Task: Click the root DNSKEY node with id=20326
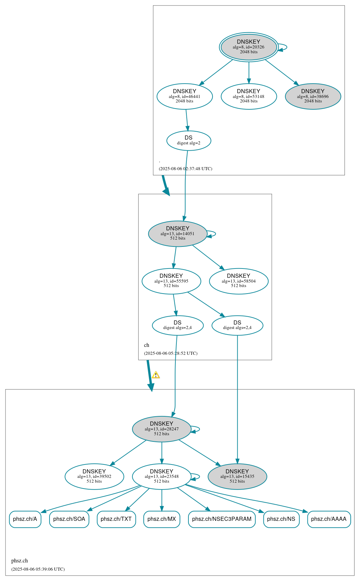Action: pyautogui.click(x=249, y=47)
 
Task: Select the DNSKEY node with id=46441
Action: pyautogui.click(x=185, y=96)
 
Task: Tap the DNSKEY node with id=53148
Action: pyautogui.click(x=249, y=96)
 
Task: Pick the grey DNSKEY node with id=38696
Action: pyautogui.click(x=313, y=96)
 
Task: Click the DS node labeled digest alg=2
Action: pyautogui.click(x=188, y=140)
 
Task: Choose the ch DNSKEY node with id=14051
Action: pyautogui.click(x=178, y=233)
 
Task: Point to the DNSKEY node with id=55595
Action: pyautogui.click(x=171, y=281)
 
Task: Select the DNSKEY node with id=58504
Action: pyautogui.click(x=239, y=281)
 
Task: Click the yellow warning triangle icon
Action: pyautogui.click(x=156, y=375)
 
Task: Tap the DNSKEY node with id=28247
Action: pyautogui.click(x=162, y=429)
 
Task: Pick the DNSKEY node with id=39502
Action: pyautogui.click(x=94, y=476)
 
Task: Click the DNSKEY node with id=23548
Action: pyautogui.click(x=162, y=476)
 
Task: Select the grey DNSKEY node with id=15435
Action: pyautogui.click(x=237, y=476)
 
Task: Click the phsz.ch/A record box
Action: pyautogui.click(x=25, y=519)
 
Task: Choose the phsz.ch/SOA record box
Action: pyautogui.click(x=69, y=519)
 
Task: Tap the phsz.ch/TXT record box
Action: pyautogui.click(x=116, y=519)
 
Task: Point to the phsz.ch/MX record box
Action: pyautogui.click(x=162, y=519)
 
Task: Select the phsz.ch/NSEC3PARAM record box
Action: pyautogui.click(x=222, y=519)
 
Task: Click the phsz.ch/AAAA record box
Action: pyautogui.click(x=329, y=519)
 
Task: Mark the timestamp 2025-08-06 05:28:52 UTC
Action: pyautogui.click(x=171, y=353)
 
